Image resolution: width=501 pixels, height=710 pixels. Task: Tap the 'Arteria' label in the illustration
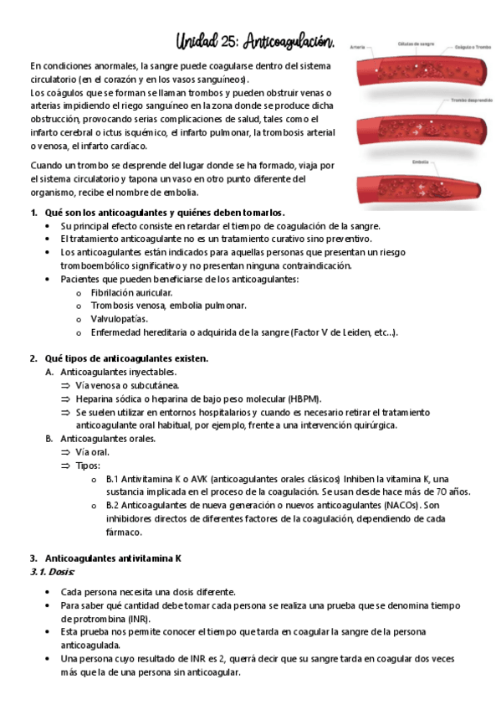(357, 46)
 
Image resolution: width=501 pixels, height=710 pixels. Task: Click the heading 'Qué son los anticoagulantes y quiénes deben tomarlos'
(165, 212)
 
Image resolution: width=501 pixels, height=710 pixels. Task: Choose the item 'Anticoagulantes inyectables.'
(118, 372)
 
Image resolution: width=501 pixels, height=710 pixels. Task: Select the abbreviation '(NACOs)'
(401, 506)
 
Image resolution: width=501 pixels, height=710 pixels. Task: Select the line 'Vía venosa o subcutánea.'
(126, 385)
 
